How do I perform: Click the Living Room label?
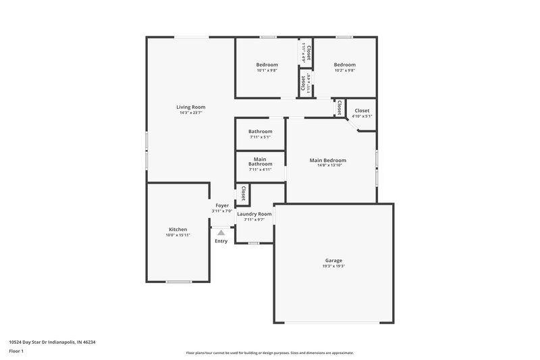(x=191, y=107)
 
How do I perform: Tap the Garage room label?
(x=333, y=261)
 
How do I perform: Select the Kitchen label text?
(x=178, y=230)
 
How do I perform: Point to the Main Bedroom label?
(x=328, y=160)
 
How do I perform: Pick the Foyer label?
(x=222, y=205)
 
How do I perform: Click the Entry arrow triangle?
(x=221, y=233)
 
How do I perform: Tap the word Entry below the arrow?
(x=221, y=241)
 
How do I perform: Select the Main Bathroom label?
(x=260, y=161)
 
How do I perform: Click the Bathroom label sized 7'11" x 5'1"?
(x=260, y=131)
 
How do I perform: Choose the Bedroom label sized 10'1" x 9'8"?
(x=267, y=65)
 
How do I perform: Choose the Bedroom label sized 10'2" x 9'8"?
(x=344, y=65)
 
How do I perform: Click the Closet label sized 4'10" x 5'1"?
(x=362, y=110)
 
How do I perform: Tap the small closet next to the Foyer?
(x=241, y=195)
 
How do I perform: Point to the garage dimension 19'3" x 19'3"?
(x=333, y=267)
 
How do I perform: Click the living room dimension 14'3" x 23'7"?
(x=191, y=113)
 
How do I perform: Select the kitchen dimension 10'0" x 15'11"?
(x=178, y=236)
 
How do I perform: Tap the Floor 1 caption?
(x=16, y=351)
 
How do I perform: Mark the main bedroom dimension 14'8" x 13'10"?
(x=328, y=165)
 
